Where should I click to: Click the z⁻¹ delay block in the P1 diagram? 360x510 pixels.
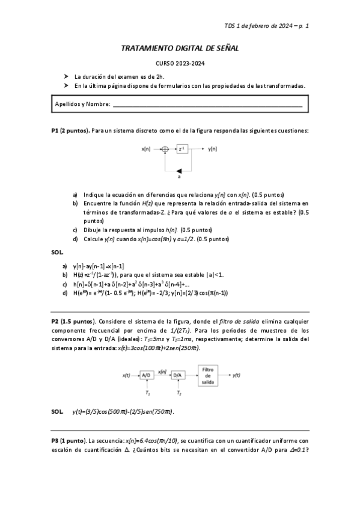(183, 149)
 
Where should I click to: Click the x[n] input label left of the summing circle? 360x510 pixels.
(146, 149)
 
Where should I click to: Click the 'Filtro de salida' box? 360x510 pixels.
(209, 373)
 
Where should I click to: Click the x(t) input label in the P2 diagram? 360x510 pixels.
(126, 375)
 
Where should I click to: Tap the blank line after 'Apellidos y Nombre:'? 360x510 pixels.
(207, 105)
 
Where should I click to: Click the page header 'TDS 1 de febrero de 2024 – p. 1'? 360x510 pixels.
(266, 26)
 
